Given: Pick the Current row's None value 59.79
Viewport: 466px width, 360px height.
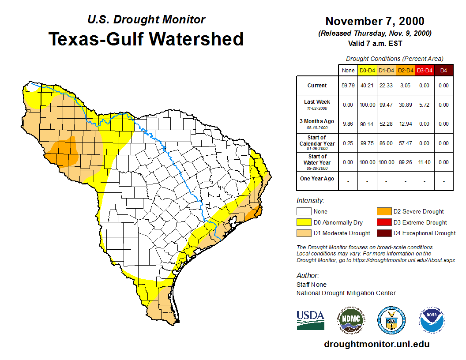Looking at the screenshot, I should pos(348,86).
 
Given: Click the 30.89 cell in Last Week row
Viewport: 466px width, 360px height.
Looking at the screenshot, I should pos(405,105).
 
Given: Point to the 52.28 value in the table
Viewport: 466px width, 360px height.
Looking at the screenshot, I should pos(386,124).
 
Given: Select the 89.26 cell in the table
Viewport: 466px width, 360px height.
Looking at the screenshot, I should pos(405,162).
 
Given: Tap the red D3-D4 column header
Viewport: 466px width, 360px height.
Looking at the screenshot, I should pos(424,70).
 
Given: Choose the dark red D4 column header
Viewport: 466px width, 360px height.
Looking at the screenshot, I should pos(443,70).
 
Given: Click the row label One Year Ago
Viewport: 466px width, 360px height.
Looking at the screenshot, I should pos(317,179).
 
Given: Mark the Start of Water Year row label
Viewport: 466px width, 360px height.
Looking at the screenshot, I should pos(317,159).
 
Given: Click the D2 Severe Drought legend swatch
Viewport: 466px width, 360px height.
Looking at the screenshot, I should pos(383,212).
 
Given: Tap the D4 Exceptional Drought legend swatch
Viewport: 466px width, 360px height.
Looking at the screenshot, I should pos(383,233).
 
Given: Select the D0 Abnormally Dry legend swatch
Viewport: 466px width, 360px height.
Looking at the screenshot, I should pos(304,222).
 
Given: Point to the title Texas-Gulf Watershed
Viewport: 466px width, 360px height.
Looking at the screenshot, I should pos(146,39).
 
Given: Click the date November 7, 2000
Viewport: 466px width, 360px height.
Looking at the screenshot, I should pos(375,21).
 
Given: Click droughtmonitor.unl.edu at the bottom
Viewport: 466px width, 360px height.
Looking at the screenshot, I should pos(376,344).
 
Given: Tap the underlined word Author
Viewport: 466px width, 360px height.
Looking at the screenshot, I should pos(308,276).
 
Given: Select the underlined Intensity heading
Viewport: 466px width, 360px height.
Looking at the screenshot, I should pos(310,201).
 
